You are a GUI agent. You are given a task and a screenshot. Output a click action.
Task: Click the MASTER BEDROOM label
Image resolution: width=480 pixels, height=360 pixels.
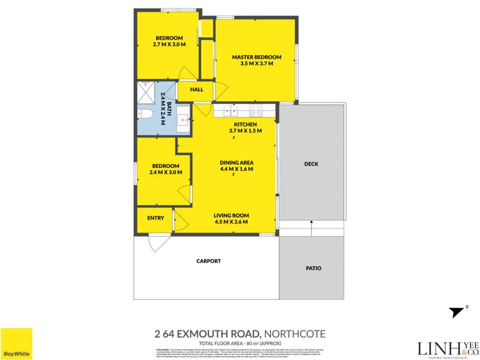coord(256,58)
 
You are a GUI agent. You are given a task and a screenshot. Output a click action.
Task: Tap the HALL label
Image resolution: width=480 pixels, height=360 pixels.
coord(196,90)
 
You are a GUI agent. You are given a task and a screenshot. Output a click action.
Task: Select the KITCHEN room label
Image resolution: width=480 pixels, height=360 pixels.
coord(245,125)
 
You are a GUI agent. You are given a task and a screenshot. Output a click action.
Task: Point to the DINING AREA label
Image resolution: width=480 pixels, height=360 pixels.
coord(236,163)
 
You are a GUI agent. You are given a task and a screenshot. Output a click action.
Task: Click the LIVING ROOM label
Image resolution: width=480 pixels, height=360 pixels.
coord(232,215)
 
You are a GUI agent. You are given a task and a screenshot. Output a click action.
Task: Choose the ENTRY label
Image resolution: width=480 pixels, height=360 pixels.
coord(155,218)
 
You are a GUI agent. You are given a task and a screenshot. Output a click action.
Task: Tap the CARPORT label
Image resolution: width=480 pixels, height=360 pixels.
coord(209,261)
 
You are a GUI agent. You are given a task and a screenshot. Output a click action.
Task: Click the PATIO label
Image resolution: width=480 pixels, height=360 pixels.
coord(313,268)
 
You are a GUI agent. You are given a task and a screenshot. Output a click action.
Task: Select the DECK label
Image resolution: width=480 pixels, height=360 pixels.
coord(311,164)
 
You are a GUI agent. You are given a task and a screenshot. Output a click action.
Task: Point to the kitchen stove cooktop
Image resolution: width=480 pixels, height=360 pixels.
coord(256,110)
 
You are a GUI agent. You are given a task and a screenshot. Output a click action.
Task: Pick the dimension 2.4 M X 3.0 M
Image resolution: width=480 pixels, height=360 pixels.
coord(165,173)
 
